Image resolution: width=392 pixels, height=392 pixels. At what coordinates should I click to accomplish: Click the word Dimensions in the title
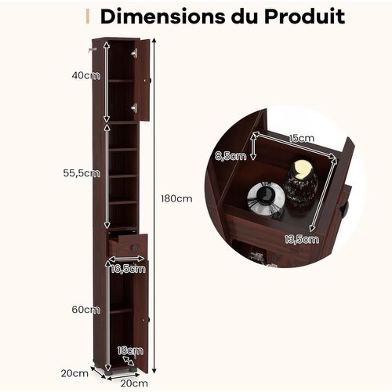162,16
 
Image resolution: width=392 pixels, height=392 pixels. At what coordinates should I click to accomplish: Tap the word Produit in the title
304,16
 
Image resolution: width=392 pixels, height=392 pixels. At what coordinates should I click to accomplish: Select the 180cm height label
176,198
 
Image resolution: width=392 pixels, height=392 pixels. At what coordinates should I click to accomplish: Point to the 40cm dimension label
86,75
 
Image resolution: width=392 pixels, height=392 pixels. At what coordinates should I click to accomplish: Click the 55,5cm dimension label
82,173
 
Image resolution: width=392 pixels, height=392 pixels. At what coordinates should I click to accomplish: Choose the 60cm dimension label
86,310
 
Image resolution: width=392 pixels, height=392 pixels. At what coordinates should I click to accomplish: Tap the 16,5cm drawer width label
128,268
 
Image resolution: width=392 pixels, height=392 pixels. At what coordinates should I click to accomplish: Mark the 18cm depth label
130,350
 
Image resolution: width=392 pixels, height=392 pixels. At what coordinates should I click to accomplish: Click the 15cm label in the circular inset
301,138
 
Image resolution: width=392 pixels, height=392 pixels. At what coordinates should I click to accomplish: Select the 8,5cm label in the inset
230,156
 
